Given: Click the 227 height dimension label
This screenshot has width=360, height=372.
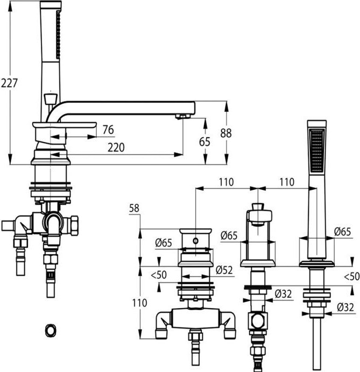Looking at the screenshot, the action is (9, 83).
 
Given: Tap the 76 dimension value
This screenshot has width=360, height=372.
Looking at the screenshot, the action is (108, 130).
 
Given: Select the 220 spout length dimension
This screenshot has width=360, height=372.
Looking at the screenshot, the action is (116, 148).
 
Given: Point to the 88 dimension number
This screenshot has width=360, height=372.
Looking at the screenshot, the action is (226, 133).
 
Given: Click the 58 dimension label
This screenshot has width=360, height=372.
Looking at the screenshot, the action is (134, 208).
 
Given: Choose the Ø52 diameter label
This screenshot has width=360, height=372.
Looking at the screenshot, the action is (224, 270).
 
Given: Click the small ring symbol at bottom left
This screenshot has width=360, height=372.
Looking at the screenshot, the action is (51, 330).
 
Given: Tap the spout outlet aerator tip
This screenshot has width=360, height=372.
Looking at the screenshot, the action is (183, 116).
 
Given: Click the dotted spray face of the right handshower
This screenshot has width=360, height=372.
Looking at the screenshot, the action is (317, 151).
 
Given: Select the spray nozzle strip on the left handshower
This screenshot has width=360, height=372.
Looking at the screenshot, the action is (58, 34).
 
